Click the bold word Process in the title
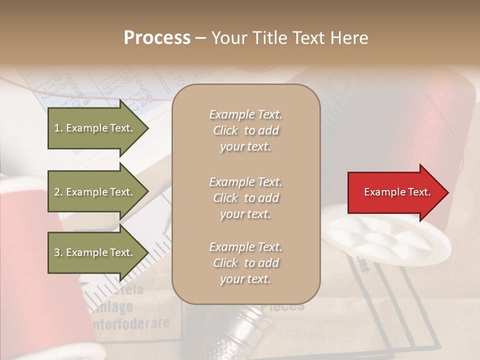point(157,38)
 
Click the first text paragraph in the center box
point(245,130)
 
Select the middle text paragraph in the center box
point(245,198)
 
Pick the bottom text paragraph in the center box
point(245,263)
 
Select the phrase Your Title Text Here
point(289,38)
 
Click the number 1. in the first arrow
point(58,128)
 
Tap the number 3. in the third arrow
point(58,252)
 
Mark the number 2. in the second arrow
point(58,192)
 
